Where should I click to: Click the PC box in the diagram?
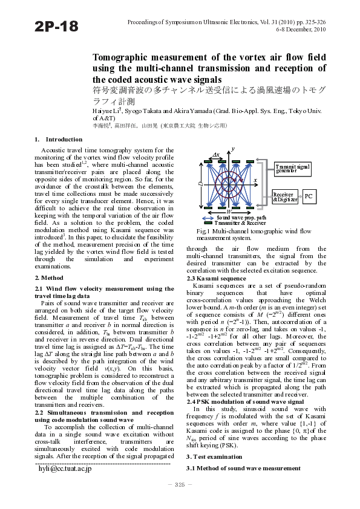point(309,196)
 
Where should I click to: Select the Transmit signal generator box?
point(292,168)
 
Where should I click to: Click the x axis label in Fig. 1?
point(255,180)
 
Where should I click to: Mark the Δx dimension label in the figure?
point(216,155)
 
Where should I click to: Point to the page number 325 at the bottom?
point(180,485)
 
